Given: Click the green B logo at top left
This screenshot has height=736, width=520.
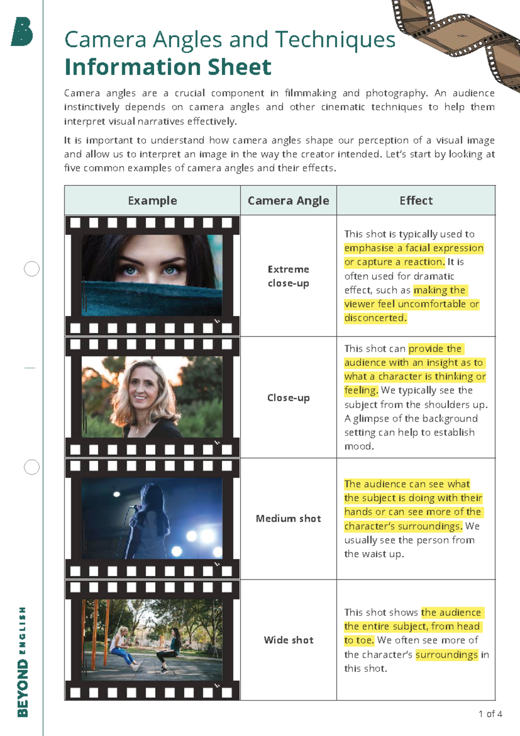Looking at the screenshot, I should click(x=22, y=32).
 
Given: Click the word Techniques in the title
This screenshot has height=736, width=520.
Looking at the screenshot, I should click(x=335, y=39).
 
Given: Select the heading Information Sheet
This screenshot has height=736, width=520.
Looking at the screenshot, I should click(x=168, y=67).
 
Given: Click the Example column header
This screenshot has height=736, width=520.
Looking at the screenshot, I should click(x=152, y=200).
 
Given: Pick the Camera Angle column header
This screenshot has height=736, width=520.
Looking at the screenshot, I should click(x=288, y=200).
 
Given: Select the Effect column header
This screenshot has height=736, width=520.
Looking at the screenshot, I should click(x=416, y=200).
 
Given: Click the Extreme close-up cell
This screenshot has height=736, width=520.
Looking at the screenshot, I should click(x=288, y=276).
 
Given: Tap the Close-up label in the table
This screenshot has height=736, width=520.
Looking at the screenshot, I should click(x=288, y=398).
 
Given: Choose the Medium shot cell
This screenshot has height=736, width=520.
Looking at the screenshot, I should click(x=288, y=519).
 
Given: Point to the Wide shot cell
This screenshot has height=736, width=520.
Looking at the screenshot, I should click(x=288, y=640).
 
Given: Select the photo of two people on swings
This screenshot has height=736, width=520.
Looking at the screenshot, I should click(x=152, y=640).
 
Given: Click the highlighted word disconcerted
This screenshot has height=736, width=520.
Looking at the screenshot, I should click(x=375, y=318).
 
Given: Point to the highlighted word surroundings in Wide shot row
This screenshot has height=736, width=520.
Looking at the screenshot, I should click(x=446, y=654).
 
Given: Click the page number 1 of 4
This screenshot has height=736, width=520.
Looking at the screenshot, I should click(x=490, y=714).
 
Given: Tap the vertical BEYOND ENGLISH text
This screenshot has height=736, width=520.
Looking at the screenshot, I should click(x=23, y=661).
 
